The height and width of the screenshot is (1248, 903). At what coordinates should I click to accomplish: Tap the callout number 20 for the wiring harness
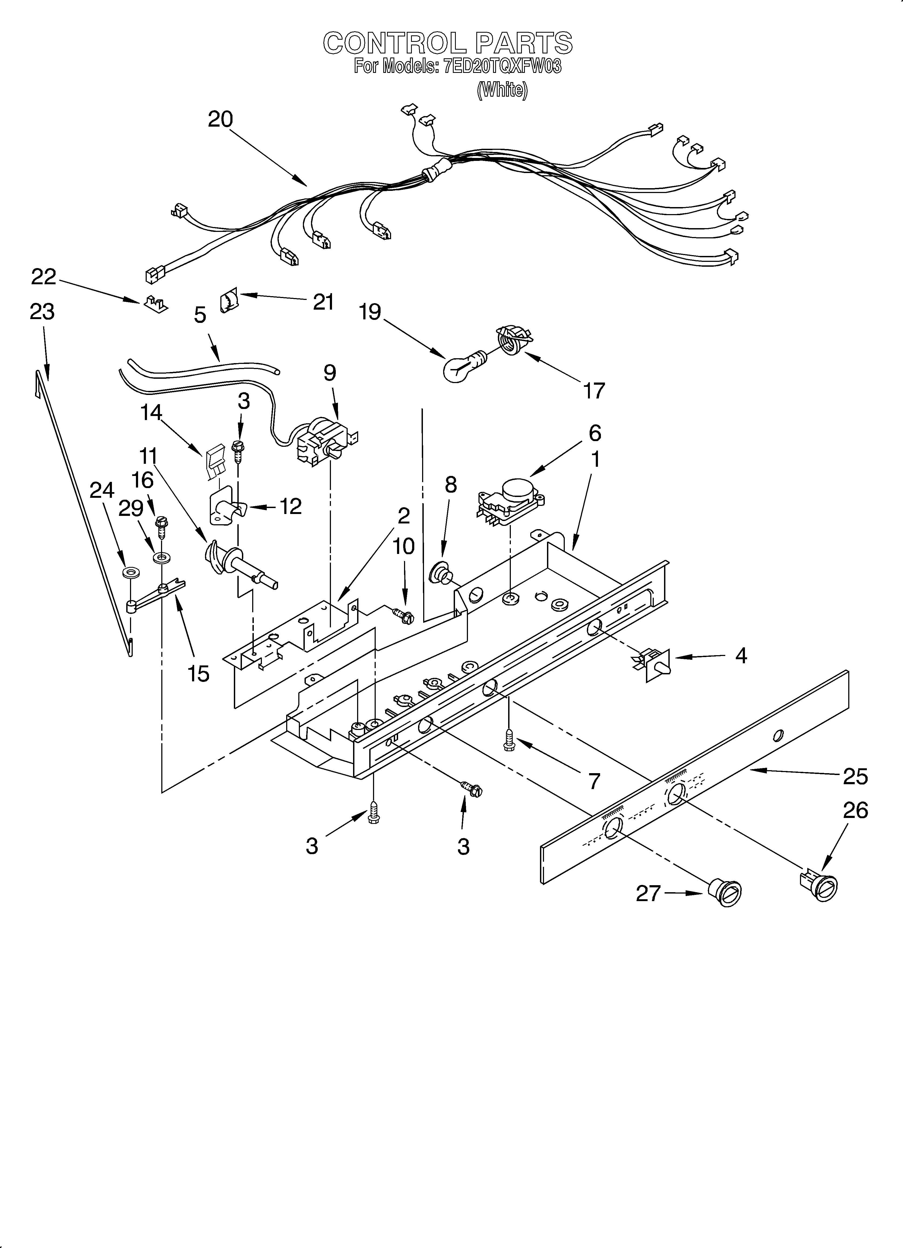pos(220,119)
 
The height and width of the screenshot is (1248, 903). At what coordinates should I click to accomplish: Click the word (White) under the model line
pos(502,90)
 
